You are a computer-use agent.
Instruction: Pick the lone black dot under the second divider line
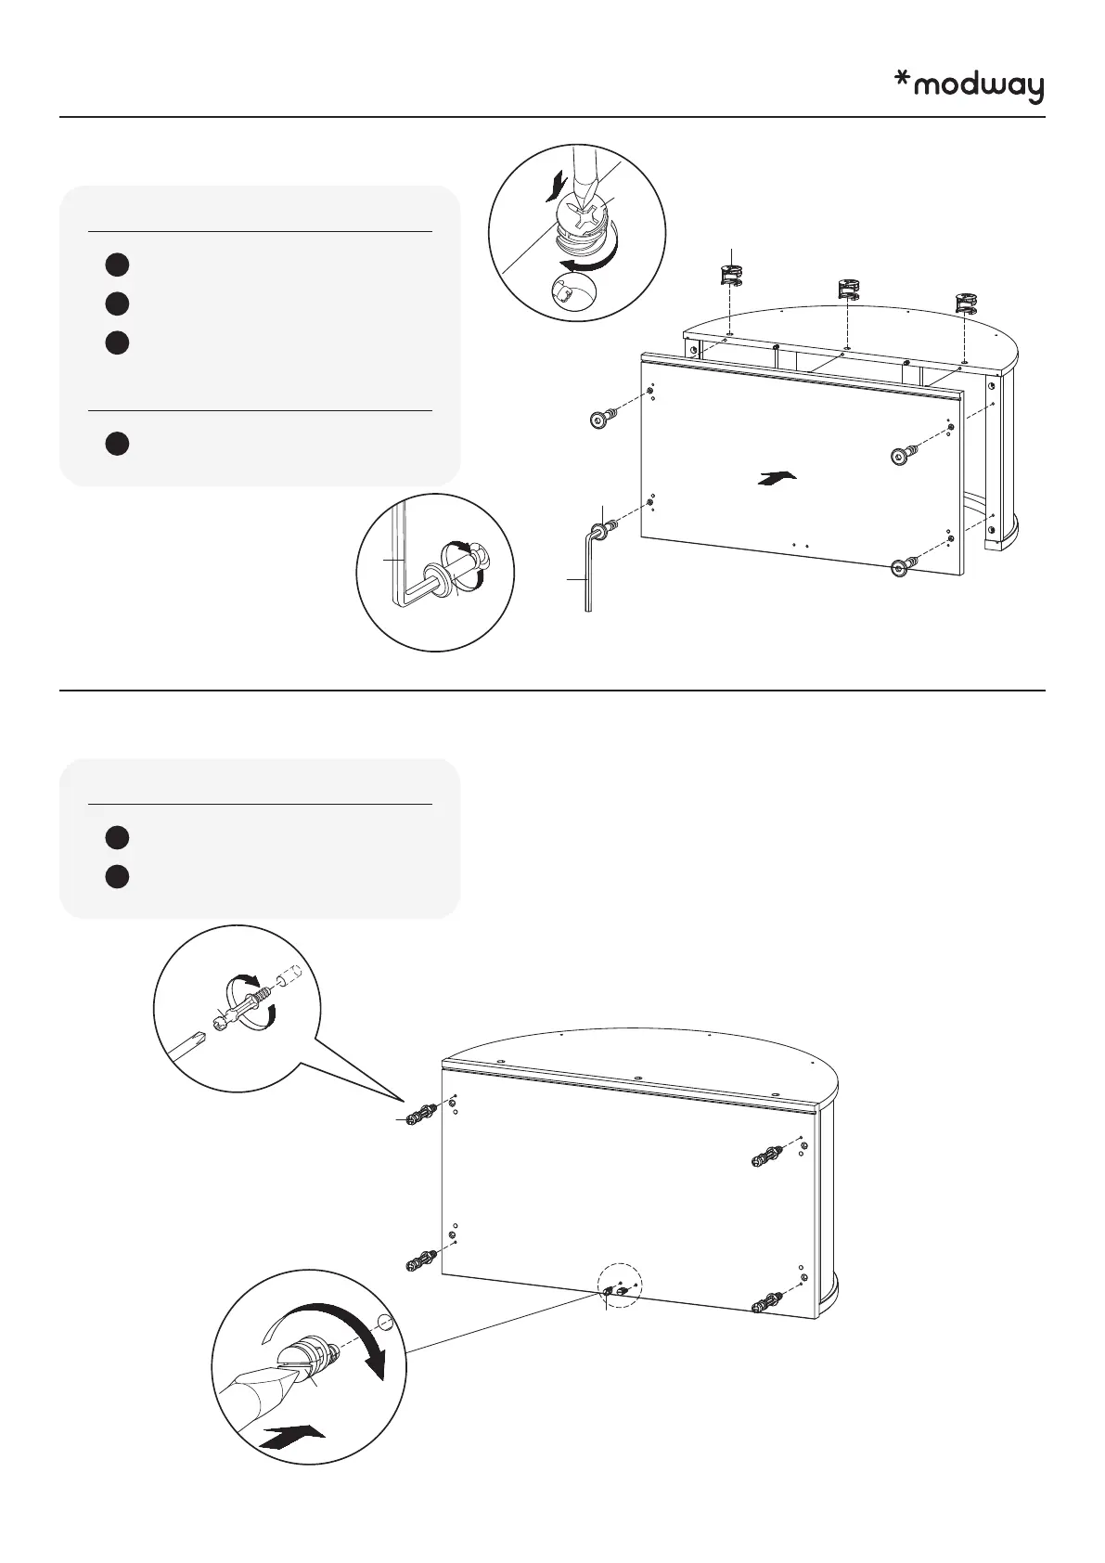(x=115, y=443)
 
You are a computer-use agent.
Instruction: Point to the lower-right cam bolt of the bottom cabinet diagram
(x=768, y=1304)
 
